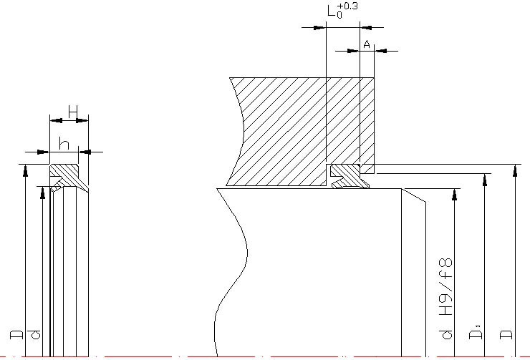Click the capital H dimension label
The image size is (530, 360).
[73, 111]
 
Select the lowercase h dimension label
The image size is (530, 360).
[64, 144]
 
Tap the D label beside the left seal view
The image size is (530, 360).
[16, 334]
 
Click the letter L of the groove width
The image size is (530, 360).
[330, 12]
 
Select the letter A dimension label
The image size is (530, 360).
[367, 44]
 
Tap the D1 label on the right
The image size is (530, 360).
[476, 334]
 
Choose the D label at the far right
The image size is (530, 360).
[506, 334]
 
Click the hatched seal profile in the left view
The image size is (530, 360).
[69, 174]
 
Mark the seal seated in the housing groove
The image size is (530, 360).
[349, 175]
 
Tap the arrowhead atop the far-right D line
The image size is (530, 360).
[516, 170]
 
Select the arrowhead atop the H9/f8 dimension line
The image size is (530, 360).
[455, 193]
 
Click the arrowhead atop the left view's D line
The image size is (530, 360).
[25, 170]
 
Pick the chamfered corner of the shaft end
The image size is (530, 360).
[414, 195]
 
